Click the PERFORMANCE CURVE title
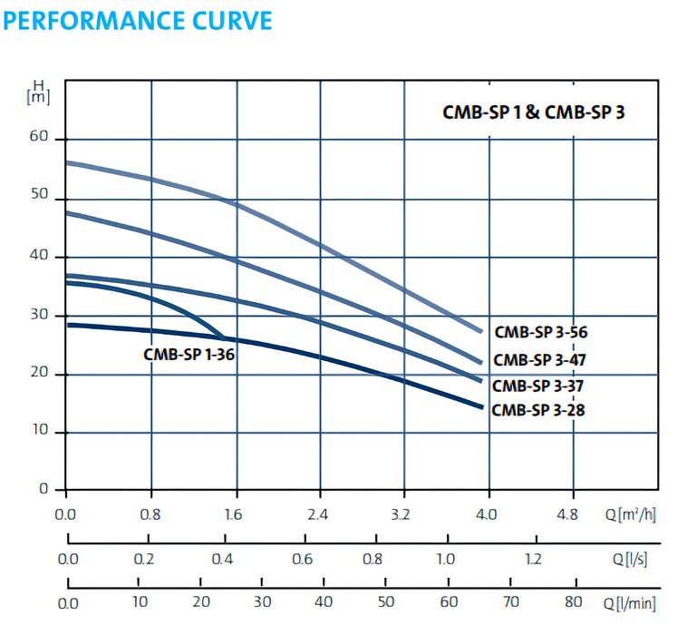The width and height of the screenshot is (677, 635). [139, 21]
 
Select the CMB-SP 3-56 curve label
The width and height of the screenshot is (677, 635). [541, 332]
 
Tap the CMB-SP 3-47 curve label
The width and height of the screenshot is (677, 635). [540, 359]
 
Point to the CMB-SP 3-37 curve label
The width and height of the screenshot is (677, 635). [539, 386]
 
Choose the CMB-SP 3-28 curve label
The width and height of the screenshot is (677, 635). [538, 410]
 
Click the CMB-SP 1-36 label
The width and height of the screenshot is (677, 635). [189, 355]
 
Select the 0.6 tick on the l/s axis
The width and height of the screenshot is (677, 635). [302, 559]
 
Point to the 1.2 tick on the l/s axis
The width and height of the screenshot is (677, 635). [533, 559]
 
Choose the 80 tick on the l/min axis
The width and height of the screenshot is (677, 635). [573, 601]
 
